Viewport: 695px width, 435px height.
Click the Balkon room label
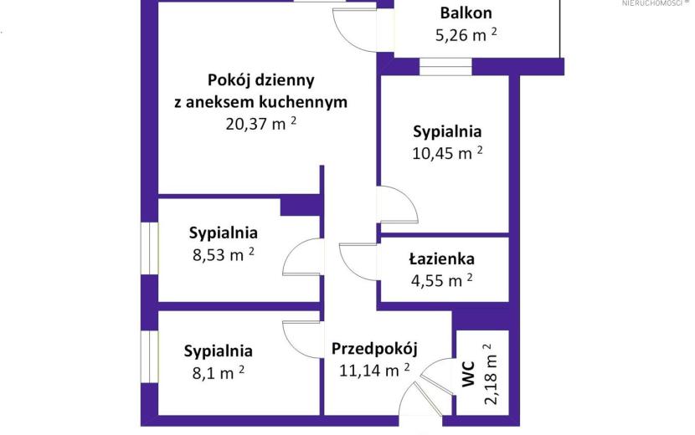coord(466,13)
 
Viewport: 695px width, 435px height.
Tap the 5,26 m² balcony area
coord(466,34)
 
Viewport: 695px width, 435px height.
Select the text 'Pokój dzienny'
coord(261,80)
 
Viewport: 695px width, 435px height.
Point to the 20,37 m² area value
coord(260,124)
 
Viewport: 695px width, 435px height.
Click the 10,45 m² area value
coord(447,153)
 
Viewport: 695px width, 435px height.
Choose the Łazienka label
coord(441,258)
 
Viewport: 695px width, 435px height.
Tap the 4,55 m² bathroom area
coord(441,280)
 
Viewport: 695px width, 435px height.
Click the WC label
coord(469,374)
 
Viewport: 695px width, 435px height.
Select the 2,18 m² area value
coord(490,374)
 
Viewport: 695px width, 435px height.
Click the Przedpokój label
coord(374,349)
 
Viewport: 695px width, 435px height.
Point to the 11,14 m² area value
coord(374,371)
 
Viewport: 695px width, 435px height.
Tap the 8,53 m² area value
coord(224,255)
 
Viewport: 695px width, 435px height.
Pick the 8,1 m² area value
coord(218,373)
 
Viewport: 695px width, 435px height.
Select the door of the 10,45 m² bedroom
coord(398,204)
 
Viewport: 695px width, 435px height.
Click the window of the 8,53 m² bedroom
coord(150,248)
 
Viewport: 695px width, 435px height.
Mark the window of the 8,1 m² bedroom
coord(150,356)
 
